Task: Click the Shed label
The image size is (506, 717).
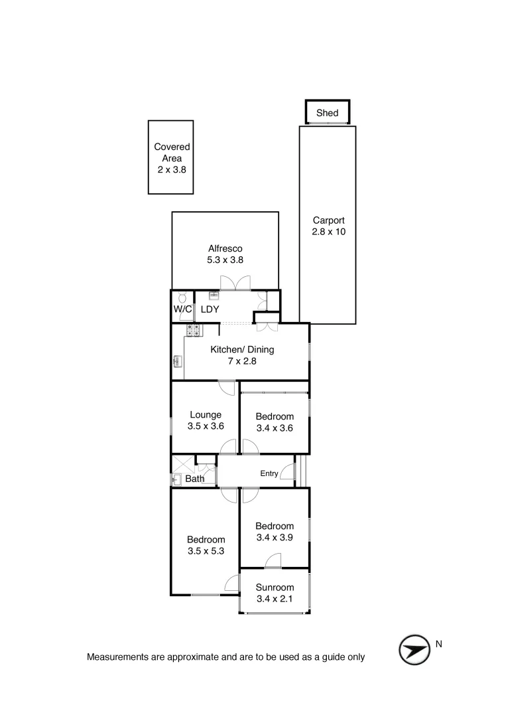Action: point(327,113)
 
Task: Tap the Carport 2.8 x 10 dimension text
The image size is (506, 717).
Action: point(329,232)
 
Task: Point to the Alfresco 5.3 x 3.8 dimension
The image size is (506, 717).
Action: point(225,260)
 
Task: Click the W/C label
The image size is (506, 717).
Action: point(182,310)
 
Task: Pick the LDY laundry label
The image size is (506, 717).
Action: point(210,310)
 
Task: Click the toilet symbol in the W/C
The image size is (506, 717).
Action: point(182,298)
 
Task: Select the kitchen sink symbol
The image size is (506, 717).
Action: point(178,362)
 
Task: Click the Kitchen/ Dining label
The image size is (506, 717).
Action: point(242,350)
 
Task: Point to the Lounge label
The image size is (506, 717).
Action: point(205,415)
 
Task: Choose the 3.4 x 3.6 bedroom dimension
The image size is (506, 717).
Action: point(275,428)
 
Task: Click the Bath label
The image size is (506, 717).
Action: point(195,479)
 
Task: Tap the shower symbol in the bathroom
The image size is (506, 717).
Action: point(183,463)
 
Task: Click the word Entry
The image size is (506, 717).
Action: point(269,473)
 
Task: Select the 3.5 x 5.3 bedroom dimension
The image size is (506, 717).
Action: point(206,551)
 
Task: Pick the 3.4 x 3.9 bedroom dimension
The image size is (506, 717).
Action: point(275,538)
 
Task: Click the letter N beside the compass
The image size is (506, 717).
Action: point(438,643)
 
